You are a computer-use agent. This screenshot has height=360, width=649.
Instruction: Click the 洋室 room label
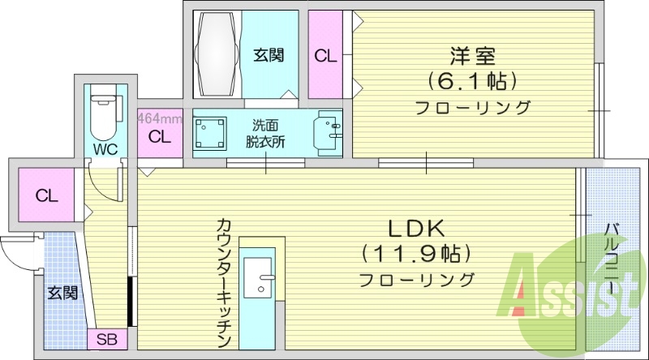click(473, 57)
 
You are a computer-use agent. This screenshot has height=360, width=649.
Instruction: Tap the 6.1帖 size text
click(473, 81)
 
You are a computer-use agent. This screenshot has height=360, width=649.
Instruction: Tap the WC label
click(104, 149)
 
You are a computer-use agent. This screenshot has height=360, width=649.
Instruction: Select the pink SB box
click(106, 339)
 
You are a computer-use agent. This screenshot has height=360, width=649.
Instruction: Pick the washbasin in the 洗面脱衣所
click(330, 131)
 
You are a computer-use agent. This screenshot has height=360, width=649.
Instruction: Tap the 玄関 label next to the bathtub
click(268, 55)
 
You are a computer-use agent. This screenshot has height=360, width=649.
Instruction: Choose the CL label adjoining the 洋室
click(325, 56)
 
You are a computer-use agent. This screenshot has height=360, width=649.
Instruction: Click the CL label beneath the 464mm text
click(160, 137)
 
